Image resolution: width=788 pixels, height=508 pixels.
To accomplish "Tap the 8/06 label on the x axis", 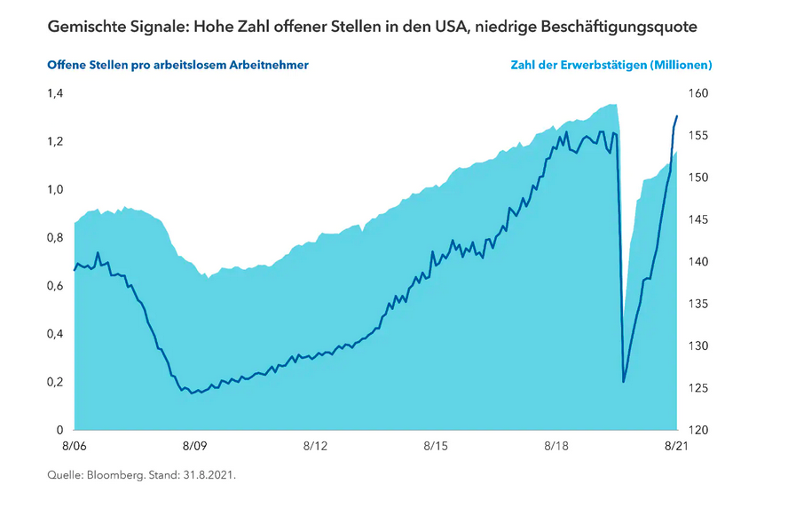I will click(x=74, y=446).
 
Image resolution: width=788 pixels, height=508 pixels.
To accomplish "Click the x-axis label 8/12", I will click(x=316, y=446).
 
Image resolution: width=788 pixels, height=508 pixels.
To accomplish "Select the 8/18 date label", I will click(x=557, y=446).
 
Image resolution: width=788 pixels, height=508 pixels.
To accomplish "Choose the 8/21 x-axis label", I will click(x=677, y=446).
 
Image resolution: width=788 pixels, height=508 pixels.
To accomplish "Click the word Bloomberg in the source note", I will click(x=112, y=475).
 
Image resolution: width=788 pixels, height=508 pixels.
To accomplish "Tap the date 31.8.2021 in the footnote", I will click(x=209, y=475).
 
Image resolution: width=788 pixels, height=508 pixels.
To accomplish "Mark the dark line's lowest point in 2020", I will click(x=624, y=382).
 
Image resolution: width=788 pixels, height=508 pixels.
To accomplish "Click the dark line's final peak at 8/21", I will click(x=677, y=116).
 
